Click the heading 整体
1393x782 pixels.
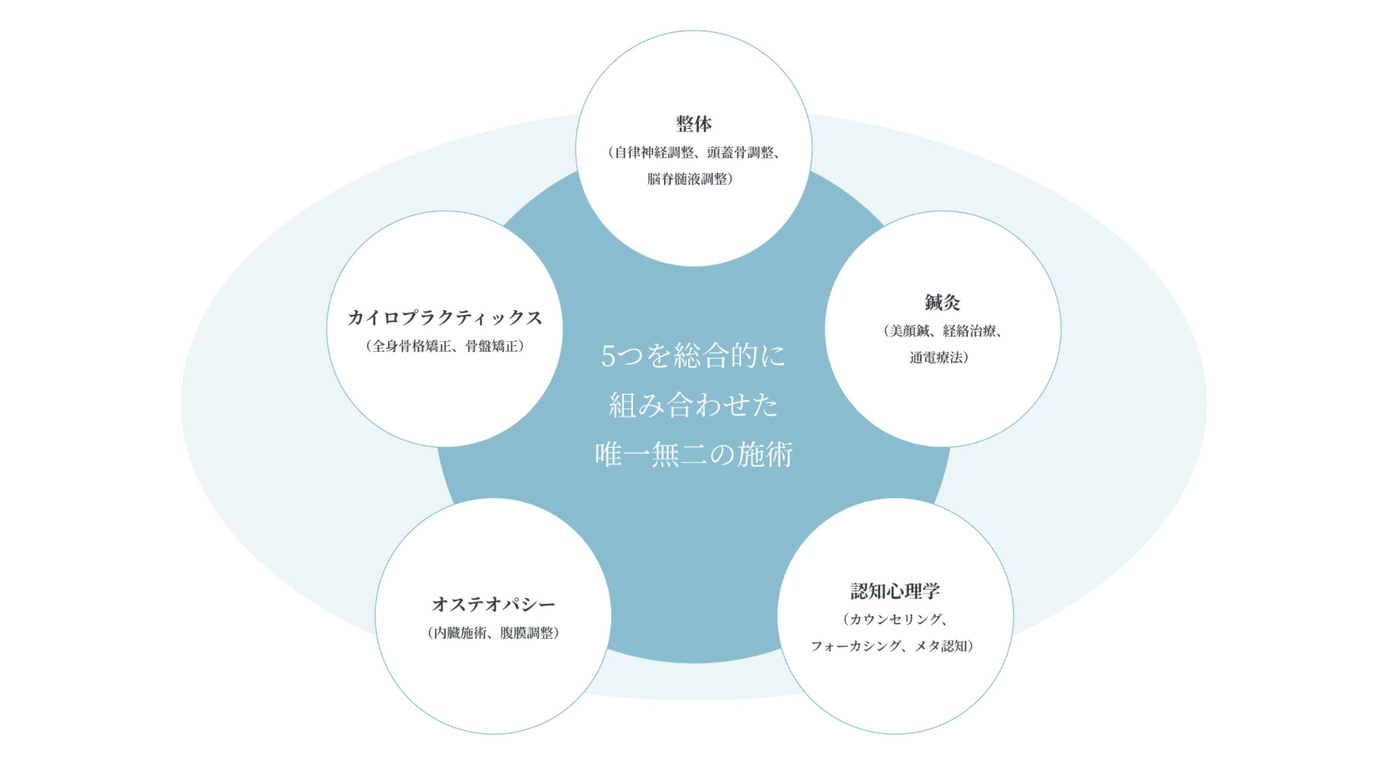click(x=694, y=124)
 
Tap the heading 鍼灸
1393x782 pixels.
click(x=942, y=302)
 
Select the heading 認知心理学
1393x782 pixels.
click(x=895, y=591)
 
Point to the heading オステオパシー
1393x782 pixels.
click(x=493, y=604)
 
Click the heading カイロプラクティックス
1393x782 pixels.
click(x=444, y=317)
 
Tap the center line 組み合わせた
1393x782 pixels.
click(x=694, y=405)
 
